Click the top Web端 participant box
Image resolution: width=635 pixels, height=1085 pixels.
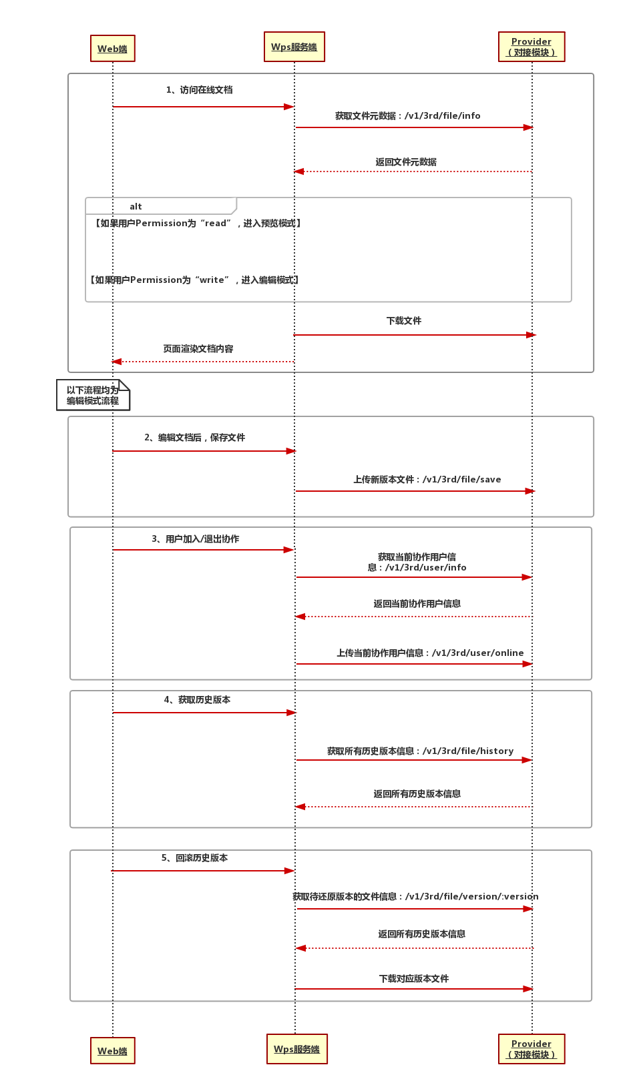112,49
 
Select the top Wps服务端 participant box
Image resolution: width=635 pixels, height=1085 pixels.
294,47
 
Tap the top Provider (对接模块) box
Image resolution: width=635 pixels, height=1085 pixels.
532,47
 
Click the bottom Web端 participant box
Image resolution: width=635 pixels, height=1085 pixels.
112,1051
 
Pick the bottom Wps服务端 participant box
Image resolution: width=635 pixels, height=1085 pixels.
296,1049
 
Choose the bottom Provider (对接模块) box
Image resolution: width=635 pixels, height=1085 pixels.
532,1049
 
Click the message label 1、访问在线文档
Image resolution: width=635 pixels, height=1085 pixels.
199,90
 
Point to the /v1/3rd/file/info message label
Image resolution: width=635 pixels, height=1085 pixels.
407,116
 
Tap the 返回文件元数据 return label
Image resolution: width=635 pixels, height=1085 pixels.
406,162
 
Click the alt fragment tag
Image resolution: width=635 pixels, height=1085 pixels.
136,207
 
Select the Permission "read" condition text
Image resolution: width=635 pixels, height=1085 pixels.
198,224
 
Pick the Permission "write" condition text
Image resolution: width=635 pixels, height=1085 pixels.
194,280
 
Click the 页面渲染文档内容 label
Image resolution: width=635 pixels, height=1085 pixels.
198,349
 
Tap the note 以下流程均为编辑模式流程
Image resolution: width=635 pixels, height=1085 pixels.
93,396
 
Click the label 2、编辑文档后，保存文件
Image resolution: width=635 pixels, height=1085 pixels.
195,438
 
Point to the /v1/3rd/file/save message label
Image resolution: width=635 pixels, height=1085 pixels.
427,480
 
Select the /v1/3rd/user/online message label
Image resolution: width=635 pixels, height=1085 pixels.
430,653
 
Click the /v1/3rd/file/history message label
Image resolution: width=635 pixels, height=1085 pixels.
420,751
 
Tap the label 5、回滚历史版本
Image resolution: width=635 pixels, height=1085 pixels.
194,858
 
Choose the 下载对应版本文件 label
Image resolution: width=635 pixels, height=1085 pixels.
414,979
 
